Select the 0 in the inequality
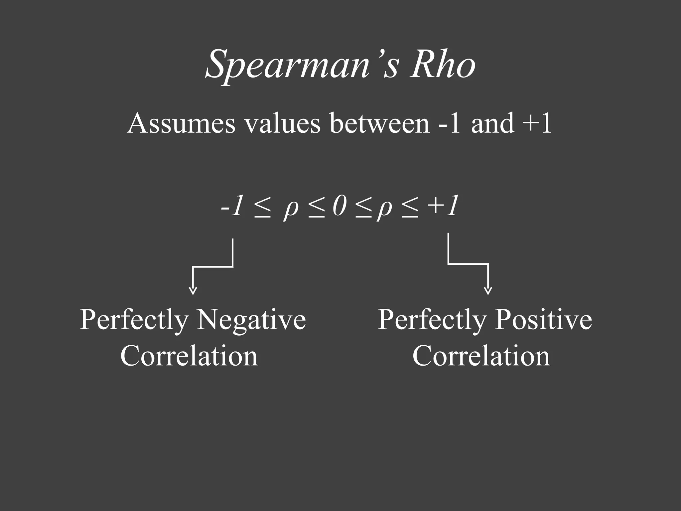tap(340, 206)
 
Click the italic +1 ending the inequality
tap(444, 206)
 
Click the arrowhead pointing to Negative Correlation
tap(193, 291)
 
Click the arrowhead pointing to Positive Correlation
tap(488, 291)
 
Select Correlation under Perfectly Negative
tap(189, 356)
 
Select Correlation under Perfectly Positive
tap(481, 356)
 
